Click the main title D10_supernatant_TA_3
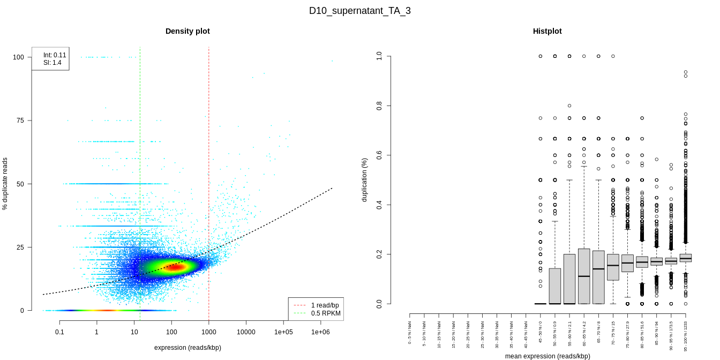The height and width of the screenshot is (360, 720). click(x=359, y=11)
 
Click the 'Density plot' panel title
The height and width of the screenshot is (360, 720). click(x=187, y=31)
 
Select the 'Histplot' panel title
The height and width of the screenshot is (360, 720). click(x=547, y=31)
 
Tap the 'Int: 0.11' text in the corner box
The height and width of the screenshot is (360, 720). click(x=55, y=55)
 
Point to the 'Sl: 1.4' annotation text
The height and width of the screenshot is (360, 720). click(x=52, y=63)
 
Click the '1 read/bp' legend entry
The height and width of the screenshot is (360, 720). click(x=325, y=305)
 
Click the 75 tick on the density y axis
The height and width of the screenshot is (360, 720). click(x=20, y=121)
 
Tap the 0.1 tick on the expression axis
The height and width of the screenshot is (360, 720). click(x=59, y=332)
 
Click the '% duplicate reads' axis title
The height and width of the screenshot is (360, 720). click(x=5, y=184)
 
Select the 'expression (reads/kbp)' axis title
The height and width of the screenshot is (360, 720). click(x=187, y=348)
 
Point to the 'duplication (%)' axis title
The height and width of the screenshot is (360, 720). click(x=365, y=179)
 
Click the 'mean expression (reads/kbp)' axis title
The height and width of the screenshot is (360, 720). click(x=547, y=356)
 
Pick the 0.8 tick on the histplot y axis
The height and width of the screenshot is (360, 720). click(x=379, y=106)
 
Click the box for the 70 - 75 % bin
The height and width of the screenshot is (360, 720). click(x=613, y=267)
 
